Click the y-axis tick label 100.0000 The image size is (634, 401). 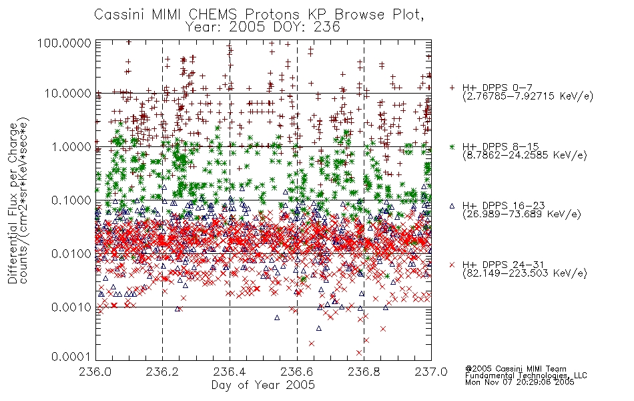64,43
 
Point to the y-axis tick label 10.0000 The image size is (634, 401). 68,94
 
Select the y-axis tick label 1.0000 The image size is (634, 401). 71,146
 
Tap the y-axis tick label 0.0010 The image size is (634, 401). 71,307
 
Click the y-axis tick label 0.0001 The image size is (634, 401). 71,356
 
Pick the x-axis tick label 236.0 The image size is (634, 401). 95,372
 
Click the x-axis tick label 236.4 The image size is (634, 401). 230,372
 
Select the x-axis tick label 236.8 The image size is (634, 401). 364,372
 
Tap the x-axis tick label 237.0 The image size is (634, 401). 431,372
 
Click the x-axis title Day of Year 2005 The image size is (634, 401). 263,385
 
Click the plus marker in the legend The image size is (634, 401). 452,88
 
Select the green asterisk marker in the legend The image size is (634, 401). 452,146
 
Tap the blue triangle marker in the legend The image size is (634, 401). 452,206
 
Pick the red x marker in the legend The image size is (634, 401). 452,265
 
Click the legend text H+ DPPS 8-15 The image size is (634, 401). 501,146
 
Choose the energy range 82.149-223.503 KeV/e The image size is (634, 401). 525,273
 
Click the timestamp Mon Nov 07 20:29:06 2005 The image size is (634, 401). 520,382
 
